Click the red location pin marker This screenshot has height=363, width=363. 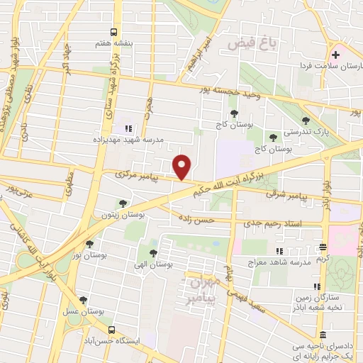(x=183, y=167)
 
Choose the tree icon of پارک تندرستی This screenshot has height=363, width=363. (x=306, y=121)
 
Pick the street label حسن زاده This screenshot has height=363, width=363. (x=196, y=220)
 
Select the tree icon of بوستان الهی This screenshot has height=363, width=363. (x=153, y=252)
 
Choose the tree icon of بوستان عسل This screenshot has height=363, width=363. (x=84, y=301)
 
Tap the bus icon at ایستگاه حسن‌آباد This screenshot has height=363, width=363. (x=111, y=330)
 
